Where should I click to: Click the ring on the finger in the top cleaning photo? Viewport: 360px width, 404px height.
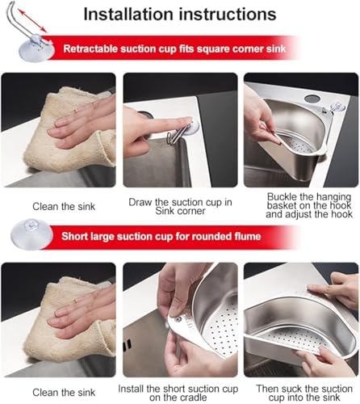tap(77, 110)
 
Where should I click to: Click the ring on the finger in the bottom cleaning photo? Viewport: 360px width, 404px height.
tap(77, 300)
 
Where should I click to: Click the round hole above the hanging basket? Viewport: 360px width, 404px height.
tap(312, 98)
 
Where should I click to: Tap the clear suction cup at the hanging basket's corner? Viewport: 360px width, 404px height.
tap(338, 107)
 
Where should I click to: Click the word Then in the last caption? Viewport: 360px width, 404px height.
tap(267, 389)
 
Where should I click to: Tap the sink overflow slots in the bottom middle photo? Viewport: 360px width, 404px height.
tap(128, 345)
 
